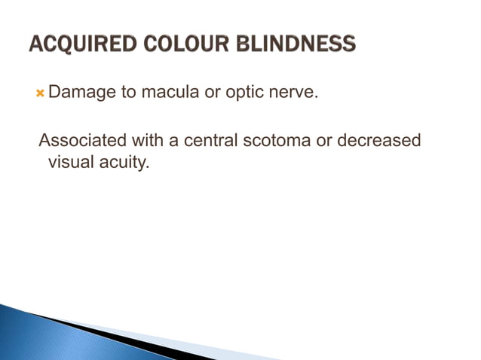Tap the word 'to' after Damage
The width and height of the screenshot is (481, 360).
point(124,93)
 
